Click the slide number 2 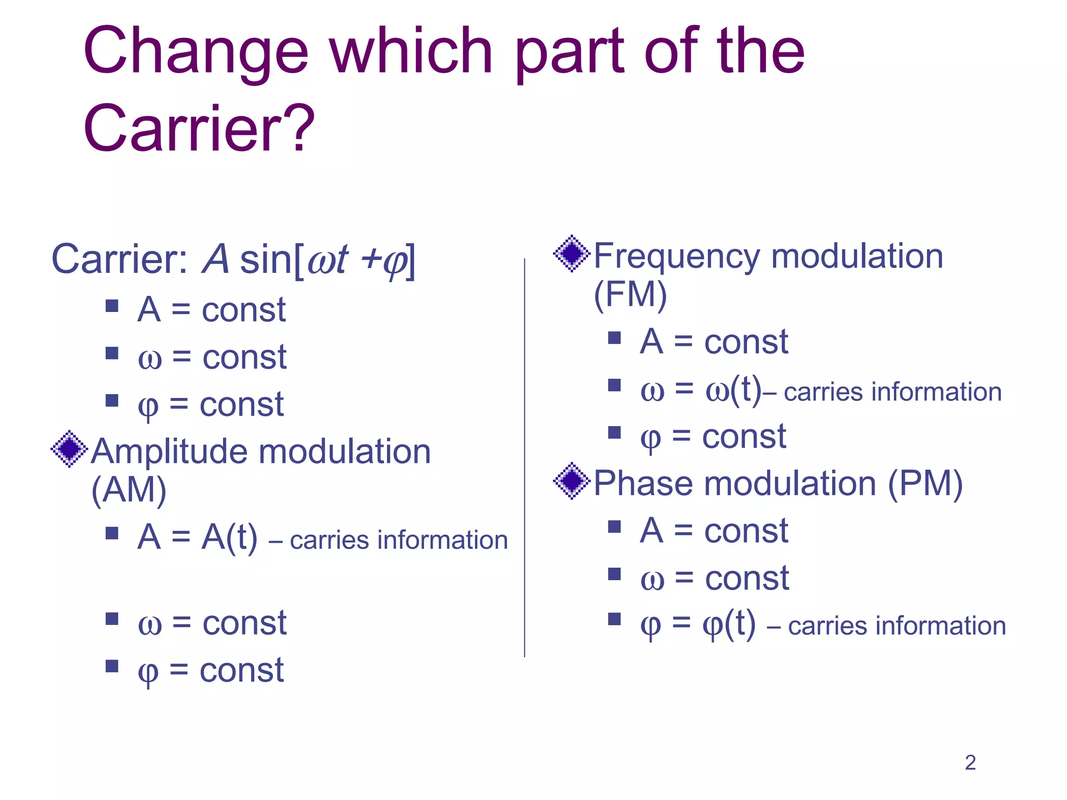(x=970, y=763)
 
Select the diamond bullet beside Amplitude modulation (x=69, y=448)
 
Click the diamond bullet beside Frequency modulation (x=572, y=254)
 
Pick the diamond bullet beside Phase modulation (x=572, y=481)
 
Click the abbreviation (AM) (x=129, y=490)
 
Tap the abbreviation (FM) (x=630, y=295)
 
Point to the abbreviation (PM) (x=925, y=483)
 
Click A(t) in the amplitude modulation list (x=229, y=537)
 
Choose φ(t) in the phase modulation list (x=728, y=623)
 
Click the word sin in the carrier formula (x=265, y=259)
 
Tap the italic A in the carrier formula (x=215, y=259)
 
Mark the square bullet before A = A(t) (x=112, y=533)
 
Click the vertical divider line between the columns (x=524, y=458)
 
